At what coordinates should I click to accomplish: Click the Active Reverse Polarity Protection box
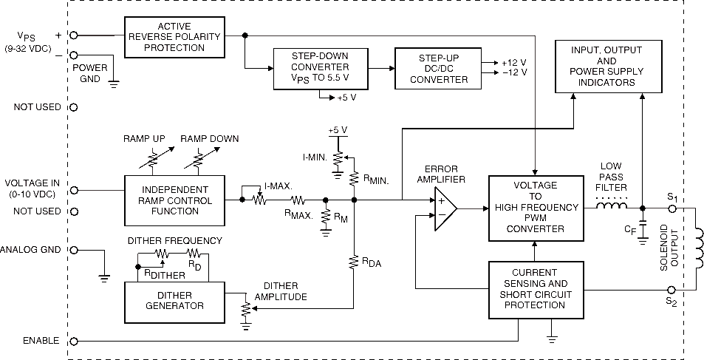(x=174, y=37)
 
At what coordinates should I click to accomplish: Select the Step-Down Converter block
(x=321, y=68)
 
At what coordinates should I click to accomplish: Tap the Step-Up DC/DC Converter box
(x=438, y=68)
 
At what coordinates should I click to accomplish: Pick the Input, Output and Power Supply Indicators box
(x=609, y=66)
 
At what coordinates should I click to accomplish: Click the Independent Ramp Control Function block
(x=174, y=200)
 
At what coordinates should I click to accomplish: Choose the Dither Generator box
(x=174, y=301)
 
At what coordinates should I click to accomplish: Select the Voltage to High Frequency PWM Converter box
(x=534, y=208)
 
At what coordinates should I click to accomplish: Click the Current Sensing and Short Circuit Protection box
(x=534, y=290)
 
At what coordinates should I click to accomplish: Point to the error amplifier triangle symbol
(x=445, y=208)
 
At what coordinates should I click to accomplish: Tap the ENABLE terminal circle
(x=74, y=341)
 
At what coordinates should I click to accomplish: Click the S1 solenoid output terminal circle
(x=672, y=208)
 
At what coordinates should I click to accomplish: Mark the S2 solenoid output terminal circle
(x=672, y=290)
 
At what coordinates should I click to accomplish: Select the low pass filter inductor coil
(x=612, y=206)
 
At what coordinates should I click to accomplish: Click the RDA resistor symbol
(x=354, y=262)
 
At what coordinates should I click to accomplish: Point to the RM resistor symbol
(x=325, y=217)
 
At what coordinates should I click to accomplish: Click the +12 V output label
(x=513, y=61)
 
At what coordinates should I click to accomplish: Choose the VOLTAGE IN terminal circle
(x=74, y=190)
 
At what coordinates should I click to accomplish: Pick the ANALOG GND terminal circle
(x=74, y=250)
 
